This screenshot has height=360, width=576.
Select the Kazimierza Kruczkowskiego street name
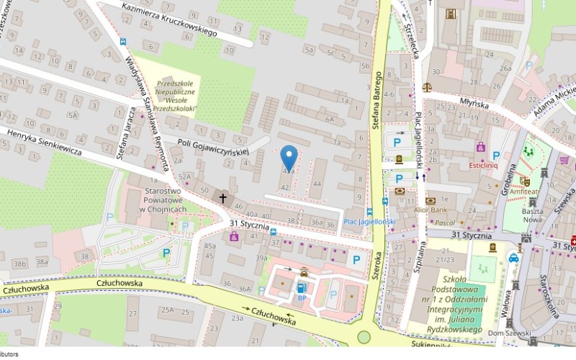tap(170, 19)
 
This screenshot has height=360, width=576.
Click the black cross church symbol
tap(222, 197)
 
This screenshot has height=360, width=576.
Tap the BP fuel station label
tap(302, 297)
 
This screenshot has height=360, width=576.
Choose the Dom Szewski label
tap(506, 333)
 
